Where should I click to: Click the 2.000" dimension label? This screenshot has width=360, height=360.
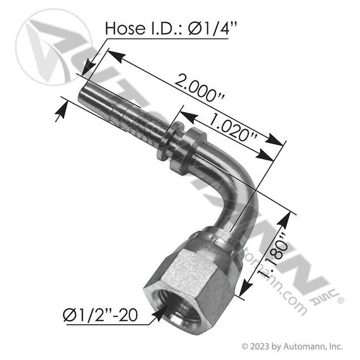[199, 88]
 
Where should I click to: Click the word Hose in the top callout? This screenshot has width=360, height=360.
[125, 28]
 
